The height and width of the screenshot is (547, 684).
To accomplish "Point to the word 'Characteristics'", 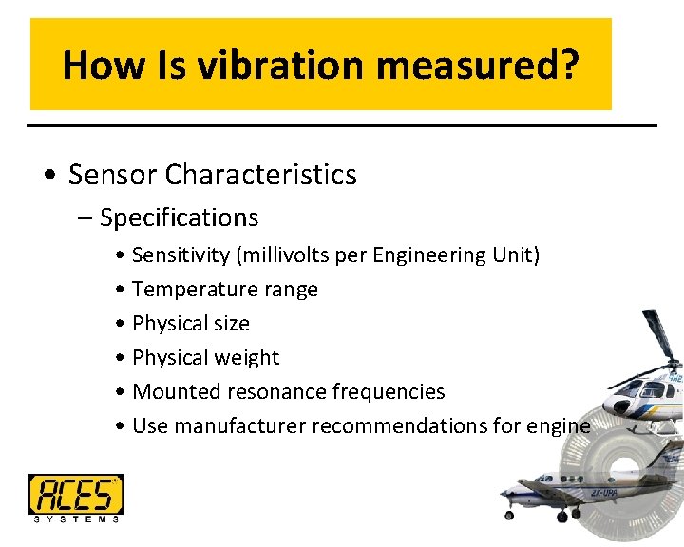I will click(261, 175).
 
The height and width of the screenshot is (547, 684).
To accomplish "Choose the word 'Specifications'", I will click(179, 217).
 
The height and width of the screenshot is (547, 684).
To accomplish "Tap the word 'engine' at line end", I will click(560, 426).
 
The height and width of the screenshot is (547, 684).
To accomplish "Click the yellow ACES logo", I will click(75, 494).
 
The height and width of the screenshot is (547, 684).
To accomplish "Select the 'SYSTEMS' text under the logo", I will click(75, 519).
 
